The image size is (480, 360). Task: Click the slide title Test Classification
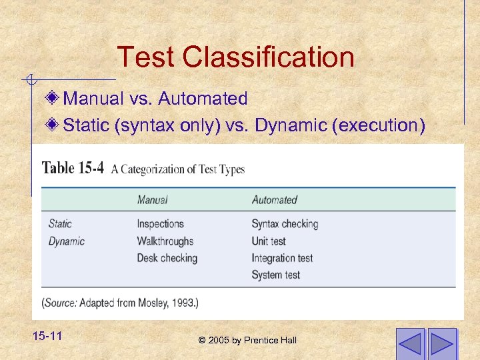click(x=235, y=57)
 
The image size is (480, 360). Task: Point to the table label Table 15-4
click(x=73, y=168)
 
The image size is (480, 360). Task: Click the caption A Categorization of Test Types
click(x=178, y=169)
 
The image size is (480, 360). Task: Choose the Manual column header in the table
click(x=152, y=199)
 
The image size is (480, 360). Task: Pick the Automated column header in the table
click(x=274, y=199)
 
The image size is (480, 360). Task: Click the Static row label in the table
click(x=60, y=224)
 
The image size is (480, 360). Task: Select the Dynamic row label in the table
click(x=67, y=241)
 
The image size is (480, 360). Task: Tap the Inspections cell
click(x=160, y=224)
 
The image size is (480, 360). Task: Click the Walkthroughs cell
click(x=165, y=241)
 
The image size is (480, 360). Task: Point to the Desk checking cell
click(x=167, y=258)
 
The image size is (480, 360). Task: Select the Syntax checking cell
click(x=285, y=224)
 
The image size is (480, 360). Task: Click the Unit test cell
click(x=269, y=241)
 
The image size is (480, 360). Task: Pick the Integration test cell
click(x=282, y=258)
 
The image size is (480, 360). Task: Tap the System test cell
click(x=275, y=275)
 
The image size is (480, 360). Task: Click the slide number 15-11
click(x=47, y=336)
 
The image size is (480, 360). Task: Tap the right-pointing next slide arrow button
click(x=442, y=343)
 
